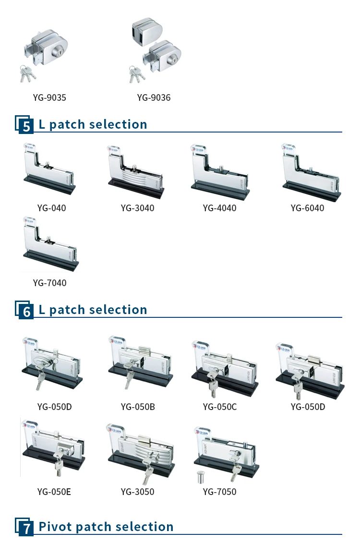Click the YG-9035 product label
tap(49, 98)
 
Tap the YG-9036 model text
tap(154, 98)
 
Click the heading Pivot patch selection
tap(106, 527)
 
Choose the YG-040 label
tap(51, 208)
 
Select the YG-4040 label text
tap(219, 208)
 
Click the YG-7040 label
tap(49, 283)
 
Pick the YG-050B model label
tap(138, 407)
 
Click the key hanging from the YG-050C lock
tap(212, 388)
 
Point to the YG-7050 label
tap(219, 492)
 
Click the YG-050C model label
tap(219, 407)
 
